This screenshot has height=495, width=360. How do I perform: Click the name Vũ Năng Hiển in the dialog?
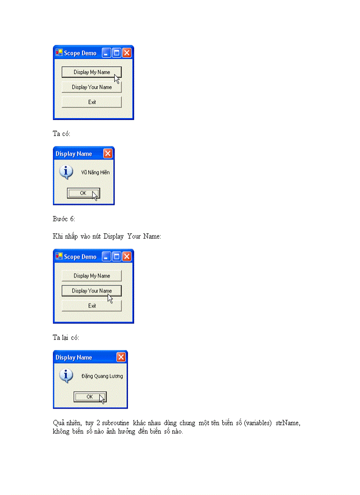pyautogui.click(x=95, y=172)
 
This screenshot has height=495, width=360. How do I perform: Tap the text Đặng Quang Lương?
pyautogui.click(x=102, y=376)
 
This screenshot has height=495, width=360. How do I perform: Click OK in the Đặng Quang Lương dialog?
pyautogui.click(x=90, y=397)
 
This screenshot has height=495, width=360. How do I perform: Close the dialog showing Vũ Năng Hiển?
pyautogui.click(x=108, y=153)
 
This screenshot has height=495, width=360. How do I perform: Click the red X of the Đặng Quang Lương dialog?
pyautogui.click(x=121, y=357)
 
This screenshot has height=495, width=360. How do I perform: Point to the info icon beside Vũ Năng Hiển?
pyautogui.click(x=66, y=172)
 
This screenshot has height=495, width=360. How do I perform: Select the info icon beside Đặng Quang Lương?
pyautogui.click(x=66, y=376)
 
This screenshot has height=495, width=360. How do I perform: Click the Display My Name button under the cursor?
pyautogui.click(x=91, y=72)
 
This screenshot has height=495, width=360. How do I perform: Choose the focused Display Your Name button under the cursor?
pyautogui.click(x=91, y=291)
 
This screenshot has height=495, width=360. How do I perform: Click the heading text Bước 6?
pyautogui.click(x=64, y=219)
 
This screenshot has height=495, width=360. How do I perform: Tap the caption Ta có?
pyautogui.click(x=61, y=133)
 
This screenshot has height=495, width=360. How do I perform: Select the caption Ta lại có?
pyautogui.click(x=66, y=338)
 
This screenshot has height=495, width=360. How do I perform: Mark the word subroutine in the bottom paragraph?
pyautogui.click(x=116, y=423)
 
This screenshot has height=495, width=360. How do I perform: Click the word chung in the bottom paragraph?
pyautogui.click(x=187, y=423)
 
